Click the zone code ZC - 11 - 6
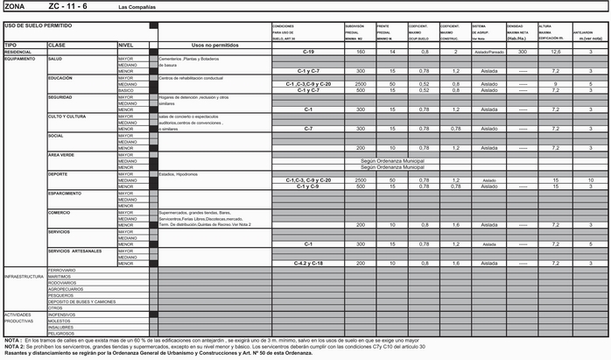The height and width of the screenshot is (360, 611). [x=67, y=6]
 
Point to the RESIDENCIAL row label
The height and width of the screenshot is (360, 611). [x=18, y=52]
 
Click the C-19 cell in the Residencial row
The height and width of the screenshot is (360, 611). [x=308, y=52]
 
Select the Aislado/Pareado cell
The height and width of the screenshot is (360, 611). [x=488, y=52]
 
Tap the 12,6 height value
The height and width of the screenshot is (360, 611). [x=556, y=52]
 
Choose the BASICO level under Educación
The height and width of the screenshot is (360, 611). [x=128, y=89]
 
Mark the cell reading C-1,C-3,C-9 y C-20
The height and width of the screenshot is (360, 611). [x=308, y=83]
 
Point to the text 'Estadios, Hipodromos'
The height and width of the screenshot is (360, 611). [x=179, y=173]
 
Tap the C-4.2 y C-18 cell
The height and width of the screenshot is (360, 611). [x=308, y=263]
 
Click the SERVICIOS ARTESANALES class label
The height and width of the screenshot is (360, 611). [x=75, y=251]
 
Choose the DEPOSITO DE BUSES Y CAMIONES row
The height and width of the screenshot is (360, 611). [x=81, y=301]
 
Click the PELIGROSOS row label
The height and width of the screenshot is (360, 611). [x=61, y=333]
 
